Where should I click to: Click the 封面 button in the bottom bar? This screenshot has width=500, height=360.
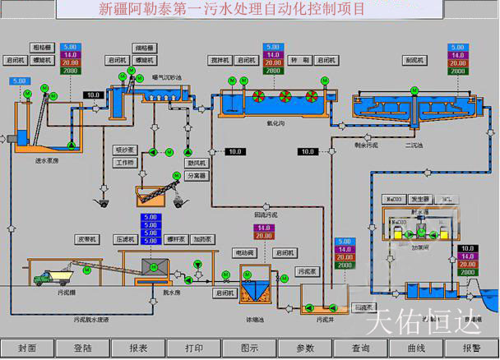[x=27, y=348]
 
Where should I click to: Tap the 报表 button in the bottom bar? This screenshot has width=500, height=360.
[x=139, y=348]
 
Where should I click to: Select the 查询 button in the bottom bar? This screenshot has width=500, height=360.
[x=360, y=348]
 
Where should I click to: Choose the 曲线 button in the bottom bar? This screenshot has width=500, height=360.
[x=415, y=348]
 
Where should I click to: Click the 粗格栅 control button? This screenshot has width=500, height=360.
[x=44, y=48]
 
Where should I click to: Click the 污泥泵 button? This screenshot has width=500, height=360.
[x=307, y=270]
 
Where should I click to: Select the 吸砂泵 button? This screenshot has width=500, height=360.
[x=125, y=150]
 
